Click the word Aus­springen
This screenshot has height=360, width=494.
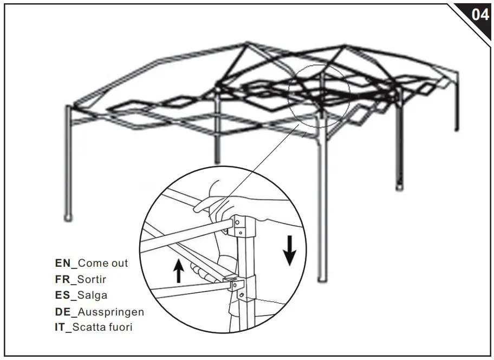point(111,313)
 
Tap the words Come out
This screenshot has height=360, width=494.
point(103,263)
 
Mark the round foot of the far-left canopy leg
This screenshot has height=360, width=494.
point(69,217)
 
